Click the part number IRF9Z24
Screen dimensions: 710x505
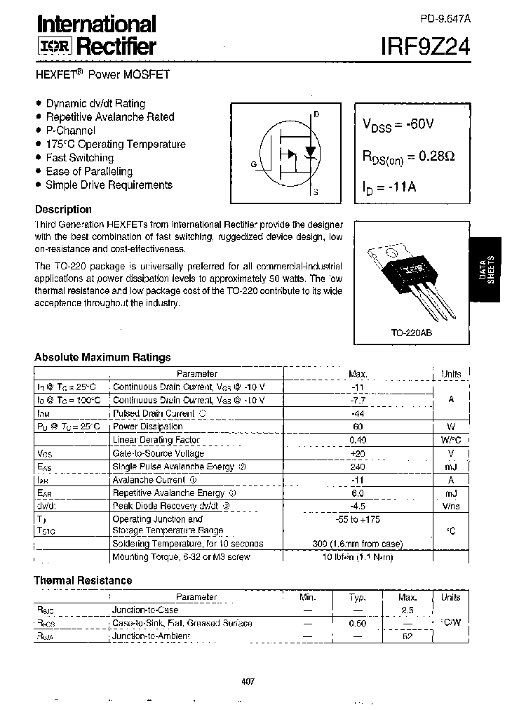[x=421, y=46]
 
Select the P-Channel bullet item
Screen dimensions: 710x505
[x=70, y=130]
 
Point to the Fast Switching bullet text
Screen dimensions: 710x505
[x=79, y=158]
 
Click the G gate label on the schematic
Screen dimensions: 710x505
[x=253, y=164]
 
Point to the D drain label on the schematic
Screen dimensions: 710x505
[x=316, y=114]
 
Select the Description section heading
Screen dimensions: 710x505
[x=63, y=209]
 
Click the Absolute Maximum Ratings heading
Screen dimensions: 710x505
[x=102, y=357]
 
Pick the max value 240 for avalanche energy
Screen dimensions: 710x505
[x=358, y=467]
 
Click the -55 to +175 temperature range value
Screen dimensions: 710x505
[x=358, y=519]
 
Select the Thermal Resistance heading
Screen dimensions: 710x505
[x=83, y=580]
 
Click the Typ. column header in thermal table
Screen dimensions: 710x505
[x=358, y=597]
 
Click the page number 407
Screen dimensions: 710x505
[x=246, y=681]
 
